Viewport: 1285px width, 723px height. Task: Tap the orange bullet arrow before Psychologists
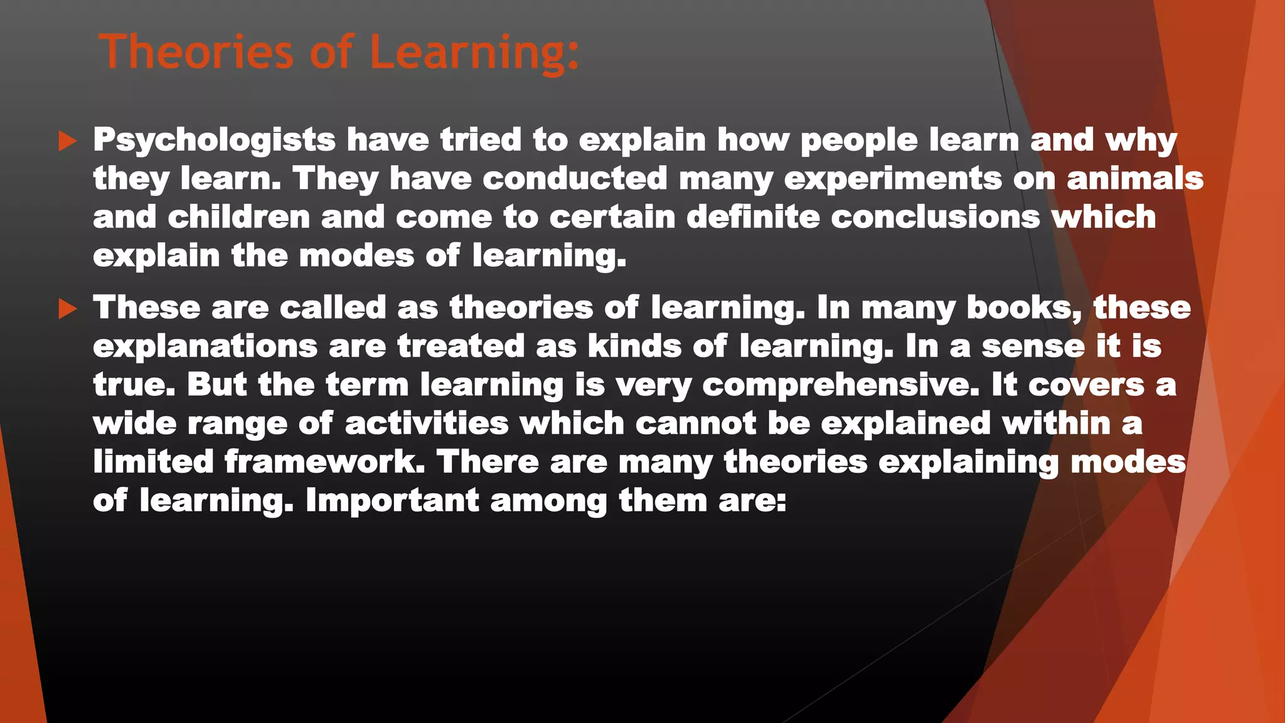tap(67, 141)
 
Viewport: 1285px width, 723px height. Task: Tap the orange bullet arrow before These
tap(67, 309)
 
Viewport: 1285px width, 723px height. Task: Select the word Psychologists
tap(214, 141)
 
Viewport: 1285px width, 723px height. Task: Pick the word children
tap(238, 217)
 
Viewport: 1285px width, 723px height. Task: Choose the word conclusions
tap(936, 217)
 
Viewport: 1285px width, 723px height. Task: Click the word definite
tap(753, 217)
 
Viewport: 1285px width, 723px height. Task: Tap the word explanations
tap(205, 347)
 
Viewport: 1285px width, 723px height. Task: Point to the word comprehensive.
tap(840, 385)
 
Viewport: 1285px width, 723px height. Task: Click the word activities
tap(427, 424)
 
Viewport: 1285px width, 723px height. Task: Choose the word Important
tap(392, 501)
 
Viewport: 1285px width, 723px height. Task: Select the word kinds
tap(634, 346)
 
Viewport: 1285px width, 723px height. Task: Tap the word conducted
tap(575, 178)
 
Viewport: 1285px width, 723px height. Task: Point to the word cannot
tap(696, 424)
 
